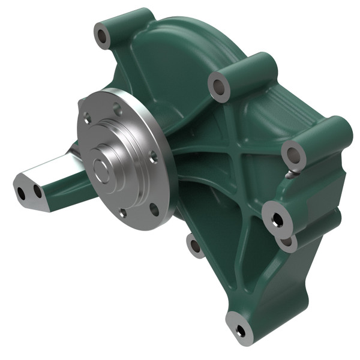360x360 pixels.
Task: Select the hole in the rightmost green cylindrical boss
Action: pyautogui.click(x=293, y=156)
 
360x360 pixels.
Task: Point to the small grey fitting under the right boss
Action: pyautogui.click(x=291, y=175)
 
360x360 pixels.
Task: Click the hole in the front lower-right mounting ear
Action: pyautogui.click(x=277, y=220)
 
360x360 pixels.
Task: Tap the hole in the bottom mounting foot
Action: pyautogui.click(x=241, y=329)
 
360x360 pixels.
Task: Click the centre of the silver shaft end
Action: pyautogui.click(x=103, y=169)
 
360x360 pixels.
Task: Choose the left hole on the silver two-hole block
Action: pyautogui.click(x=22, y=194)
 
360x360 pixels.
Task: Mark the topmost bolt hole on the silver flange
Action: pyautogui.click(x=118, y=108)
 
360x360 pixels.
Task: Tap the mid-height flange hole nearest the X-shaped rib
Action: pyautogui.click(x=153, y=159)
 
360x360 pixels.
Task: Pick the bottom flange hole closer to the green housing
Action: pyautogui.click(x=154, y=209)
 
